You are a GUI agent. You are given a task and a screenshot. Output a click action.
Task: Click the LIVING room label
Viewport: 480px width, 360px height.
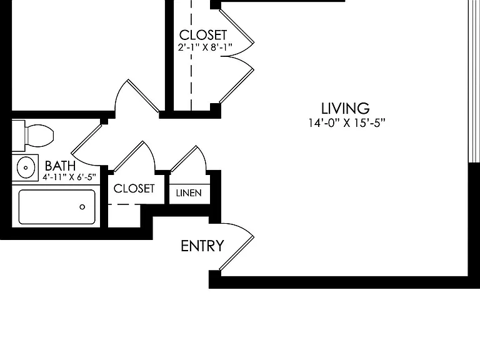[x=345, y=108]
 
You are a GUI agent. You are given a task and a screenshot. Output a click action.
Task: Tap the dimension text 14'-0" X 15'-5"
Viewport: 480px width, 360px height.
[x=346, y=122]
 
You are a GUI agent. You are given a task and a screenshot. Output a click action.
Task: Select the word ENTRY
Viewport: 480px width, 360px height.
[x=202, y=246]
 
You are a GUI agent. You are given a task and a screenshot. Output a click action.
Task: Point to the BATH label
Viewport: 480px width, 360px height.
[x=60, y=166]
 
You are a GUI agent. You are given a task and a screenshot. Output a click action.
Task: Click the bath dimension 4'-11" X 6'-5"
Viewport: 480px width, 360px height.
[x=69, y=177]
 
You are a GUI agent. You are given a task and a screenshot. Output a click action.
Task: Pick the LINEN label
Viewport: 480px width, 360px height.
[x=189, y=193]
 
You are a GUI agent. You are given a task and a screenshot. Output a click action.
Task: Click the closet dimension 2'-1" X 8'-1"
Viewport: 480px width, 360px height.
[x=205, y=47]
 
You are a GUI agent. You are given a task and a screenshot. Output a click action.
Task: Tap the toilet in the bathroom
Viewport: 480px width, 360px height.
[x=33, y=136]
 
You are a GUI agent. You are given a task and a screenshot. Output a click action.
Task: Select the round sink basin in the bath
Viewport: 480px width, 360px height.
[x=26, y=167]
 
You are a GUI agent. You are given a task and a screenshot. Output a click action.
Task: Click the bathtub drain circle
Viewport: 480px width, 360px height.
[x=82, y=207]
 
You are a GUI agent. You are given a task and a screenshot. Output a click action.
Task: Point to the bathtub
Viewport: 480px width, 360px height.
[x=57, y=207]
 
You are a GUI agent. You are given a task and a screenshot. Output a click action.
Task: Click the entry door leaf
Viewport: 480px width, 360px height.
[x=236, y=253]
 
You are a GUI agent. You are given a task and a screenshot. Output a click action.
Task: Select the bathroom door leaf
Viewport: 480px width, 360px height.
[x=87, y=139]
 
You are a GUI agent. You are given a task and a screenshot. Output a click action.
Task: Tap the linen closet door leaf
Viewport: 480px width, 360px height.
[x=184, y=159]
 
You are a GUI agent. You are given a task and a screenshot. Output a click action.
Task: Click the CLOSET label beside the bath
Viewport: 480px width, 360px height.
[x=134, y=189]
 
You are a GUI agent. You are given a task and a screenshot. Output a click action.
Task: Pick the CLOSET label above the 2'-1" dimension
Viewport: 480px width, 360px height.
[x=203, y=35]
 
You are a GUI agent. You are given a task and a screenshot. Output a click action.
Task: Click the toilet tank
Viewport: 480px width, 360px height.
[x=18, y=136]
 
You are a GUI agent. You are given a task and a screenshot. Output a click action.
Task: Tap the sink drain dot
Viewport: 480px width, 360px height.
[x=26, y=167]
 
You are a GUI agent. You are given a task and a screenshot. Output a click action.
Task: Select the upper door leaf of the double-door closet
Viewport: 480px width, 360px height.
[x=236, y=26]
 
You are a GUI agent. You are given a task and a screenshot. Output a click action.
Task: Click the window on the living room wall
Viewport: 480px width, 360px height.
[x=474, y=81]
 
